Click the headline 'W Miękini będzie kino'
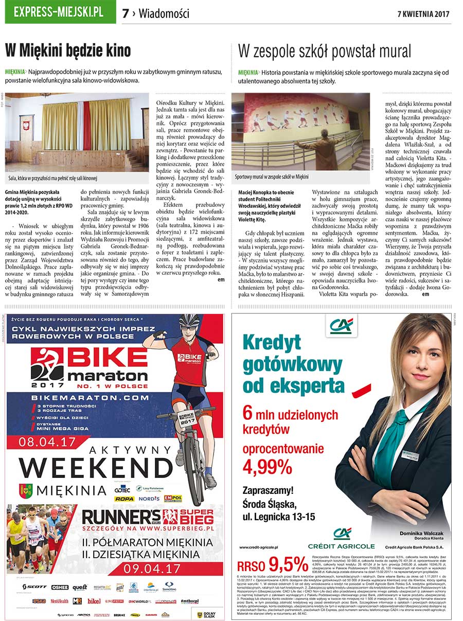click(68, 51)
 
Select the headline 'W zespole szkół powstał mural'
click(325, 51)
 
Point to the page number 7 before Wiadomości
click(125, 13)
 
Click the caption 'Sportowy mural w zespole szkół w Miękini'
click(272, 176)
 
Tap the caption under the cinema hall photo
click(53, 179)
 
